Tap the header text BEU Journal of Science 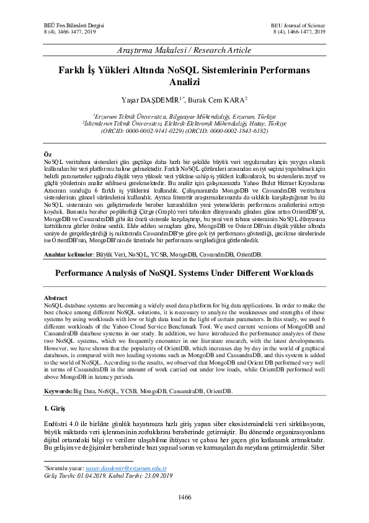click(x=298, y=24)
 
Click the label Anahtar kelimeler click(x=67, y=255)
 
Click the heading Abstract click(x=57, y=298)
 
